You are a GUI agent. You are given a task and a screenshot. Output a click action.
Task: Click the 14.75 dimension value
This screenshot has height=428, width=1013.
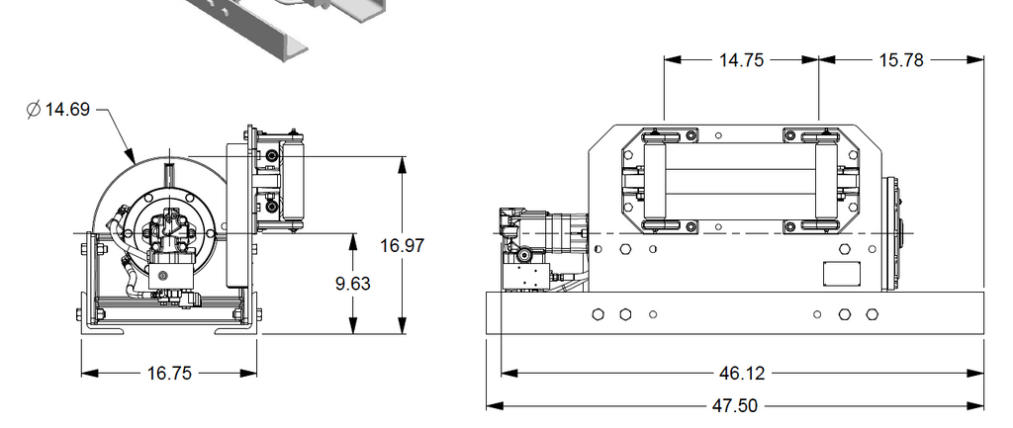click(742, 60)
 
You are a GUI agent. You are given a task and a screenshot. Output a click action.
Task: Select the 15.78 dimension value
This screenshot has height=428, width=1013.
click(901, 60)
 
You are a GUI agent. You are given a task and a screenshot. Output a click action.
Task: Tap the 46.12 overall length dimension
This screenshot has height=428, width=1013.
click(742, 373)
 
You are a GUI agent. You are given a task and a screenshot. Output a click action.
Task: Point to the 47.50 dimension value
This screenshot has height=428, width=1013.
click(735, 406)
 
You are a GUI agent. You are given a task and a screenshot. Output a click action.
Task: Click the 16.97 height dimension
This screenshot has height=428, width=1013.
click(403, 245)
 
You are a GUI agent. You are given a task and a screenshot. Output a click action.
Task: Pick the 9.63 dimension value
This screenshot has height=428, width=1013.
click(353, 284)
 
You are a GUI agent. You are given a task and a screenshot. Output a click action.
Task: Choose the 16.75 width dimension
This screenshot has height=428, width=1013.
click(169, 373)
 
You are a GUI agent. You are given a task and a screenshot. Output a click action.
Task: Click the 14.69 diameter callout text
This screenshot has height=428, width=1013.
click(67, 109)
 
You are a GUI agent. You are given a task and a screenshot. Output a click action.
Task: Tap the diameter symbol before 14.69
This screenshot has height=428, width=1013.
click(34, 109)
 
